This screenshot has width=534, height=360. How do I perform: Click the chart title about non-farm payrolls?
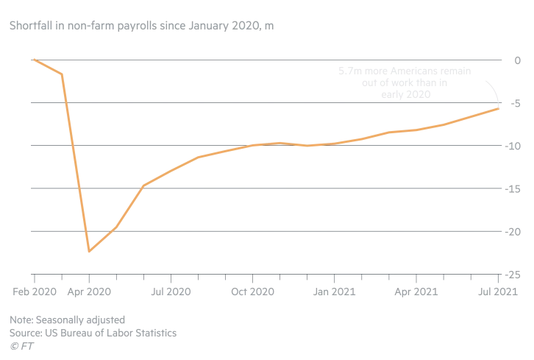[x=141, y=26]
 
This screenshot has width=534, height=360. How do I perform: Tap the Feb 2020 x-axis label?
[x=35, y=292]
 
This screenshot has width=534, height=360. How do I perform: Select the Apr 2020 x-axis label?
[x=89, y=292]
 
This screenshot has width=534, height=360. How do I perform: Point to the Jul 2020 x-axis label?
[x=171, y=292]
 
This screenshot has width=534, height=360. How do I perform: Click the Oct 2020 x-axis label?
[x=253, y=292]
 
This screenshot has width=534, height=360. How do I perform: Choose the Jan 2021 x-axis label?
[x=335, y=292]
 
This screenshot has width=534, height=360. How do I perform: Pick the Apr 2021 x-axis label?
[x=416, y=292]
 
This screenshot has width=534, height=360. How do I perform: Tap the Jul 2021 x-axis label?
[x=498, y=292]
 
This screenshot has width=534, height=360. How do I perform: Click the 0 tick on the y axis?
[x=518, y=60]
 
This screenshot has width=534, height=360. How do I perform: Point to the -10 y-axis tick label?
[x=513, y=146]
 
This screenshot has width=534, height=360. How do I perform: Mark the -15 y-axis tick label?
[x=513, y=188]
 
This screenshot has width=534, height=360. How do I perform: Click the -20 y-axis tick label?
[x=513, y=231]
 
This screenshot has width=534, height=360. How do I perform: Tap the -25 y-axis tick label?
[x=513, y=275]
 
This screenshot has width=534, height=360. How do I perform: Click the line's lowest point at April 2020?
[x=89, y=251]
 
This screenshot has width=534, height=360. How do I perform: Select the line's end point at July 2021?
[x=499, y=109]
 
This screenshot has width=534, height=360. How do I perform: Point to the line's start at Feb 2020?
[x=35, y=60]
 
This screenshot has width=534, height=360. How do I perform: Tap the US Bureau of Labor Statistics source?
[x=93, y=333]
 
